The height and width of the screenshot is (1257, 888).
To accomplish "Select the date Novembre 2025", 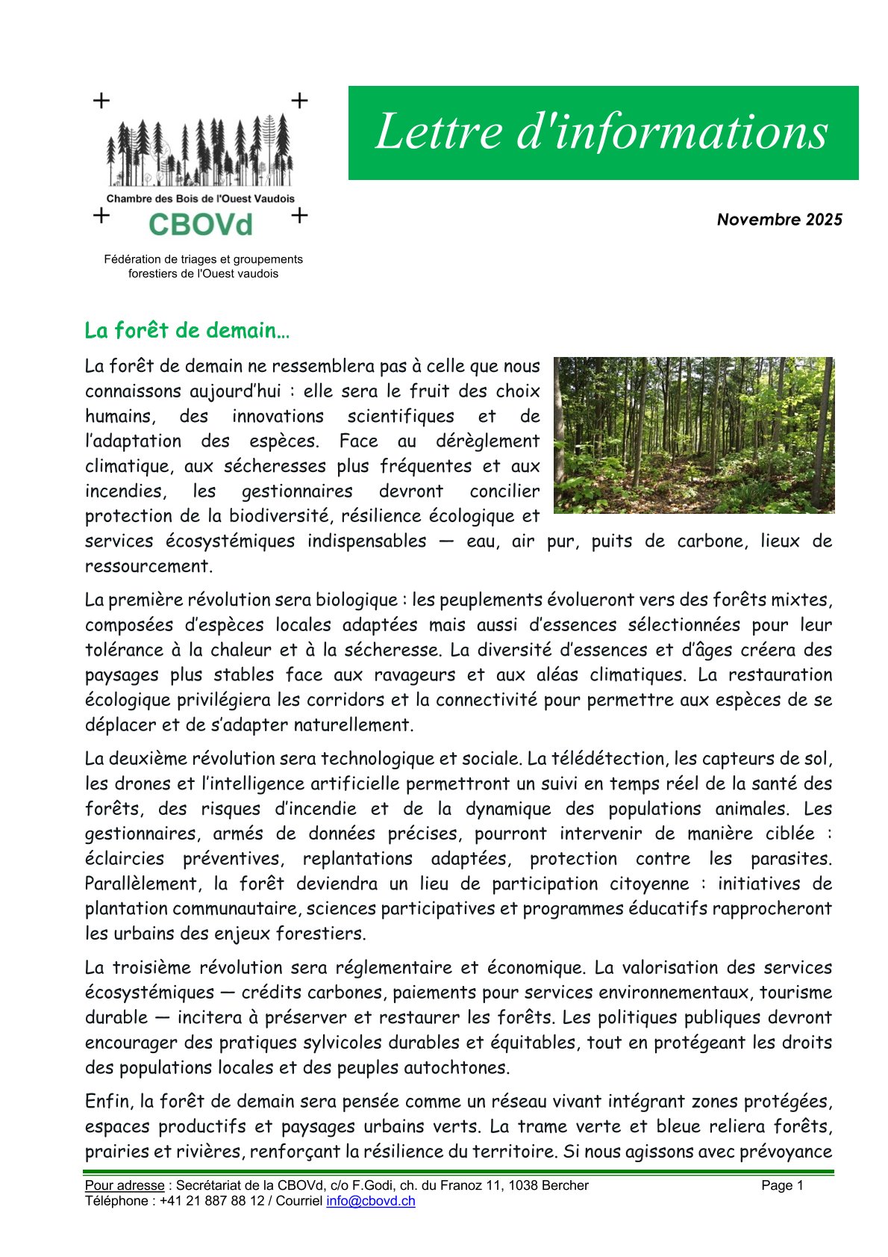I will point(779,220).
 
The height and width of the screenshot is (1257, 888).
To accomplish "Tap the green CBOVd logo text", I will point(200,224).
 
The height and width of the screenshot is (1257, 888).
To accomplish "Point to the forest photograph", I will point(694,435).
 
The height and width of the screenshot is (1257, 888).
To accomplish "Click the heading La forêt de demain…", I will point(187,331).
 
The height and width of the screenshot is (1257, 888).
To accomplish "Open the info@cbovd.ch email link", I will point(370,1201).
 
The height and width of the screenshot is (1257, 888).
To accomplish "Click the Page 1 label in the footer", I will point(782,1185).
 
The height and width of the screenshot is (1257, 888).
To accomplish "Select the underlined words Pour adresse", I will point(124,1185).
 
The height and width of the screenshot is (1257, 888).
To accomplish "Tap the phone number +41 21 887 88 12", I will point(212,1201).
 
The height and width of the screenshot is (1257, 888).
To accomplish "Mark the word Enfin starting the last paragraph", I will point(108,1101).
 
